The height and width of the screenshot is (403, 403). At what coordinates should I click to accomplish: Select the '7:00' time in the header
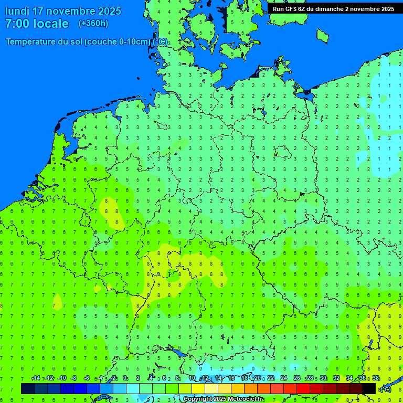click(16, 24)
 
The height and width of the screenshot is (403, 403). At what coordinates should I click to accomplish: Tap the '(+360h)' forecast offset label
click(93, 24)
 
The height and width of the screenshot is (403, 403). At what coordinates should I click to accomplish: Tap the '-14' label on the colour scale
click(36, 378)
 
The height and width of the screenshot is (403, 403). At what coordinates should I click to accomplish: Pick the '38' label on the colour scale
click(376, 378)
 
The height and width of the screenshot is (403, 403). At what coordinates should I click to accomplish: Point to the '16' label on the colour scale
click(231, 378)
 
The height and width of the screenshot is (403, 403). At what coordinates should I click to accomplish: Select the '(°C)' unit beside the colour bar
click(386, 389)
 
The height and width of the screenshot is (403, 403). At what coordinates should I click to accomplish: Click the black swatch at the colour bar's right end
click(369, 389)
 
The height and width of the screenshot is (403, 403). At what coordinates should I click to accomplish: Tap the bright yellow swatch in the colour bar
click(198, 389)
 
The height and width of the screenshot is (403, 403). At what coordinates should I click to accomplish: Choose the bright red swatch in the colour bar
click(303, 389)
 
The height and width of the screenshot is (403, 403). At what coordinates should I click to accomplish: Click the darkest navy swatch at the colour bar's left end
click(28, 389)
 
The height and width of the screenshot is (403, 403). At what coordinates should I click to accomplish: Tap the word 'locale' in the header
click(50, 24)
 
